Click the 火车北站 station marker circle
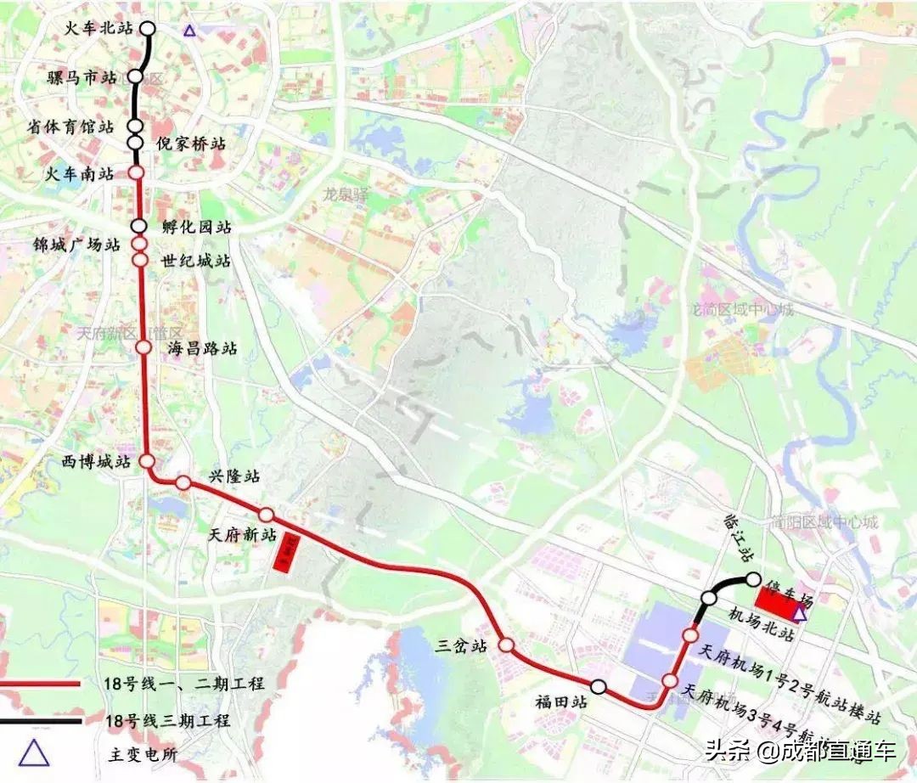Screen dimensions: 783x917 coord(148,28)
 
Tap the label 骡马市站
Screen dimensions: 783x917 coord(82,78)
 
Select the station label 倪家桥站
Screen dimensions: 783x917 coord(192,144)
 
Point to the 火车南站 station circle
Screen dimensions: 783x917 coord(136,173)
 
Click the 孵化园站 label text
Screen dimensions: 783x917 coord(195,228)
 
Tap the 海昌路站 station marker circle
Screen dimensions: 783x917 coord(143,347)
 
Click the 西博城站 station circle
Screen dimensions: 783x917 coord(147,461)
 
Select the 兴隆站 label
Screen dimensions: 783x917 coord(235,476)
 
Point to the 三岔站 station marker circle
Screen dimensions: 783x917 coord(506,645)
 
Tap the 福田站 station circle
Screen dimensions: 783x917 coord(599,687)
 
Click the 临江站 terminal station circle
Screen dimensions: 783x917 coord(752,579)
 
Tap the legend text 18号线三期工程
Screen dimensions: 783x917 coord(166,721)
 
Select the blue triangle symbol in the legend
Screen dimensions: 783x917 coord(34,753)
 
